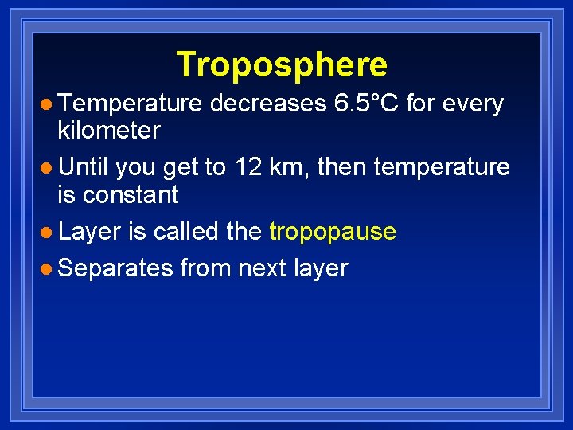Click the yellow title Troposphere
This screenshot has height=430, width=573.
pos(282,64)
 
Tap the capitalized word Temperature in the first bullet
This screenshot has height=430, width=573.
pos(131,104)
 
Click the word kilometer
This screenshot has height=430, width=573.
pos(109,130)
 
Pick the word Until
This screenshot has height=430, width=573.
pos(83,167)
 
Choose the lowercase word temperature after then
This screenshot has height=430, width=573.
pos(442,167)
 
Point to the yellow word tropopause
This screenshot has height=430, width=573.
pos(333,232)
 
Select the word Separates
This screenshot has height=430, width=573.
pos(115,268)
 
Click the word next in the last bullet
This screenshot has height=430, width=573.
pos(263,268)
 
